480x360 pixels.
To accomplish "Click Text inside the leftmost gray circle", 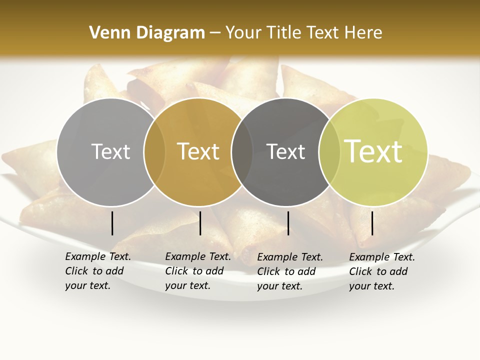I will point(110,151).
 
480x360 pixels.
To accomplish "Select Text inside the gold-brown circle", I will point(198,151).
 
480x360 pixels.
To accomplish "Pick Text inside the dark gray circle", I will point(286,151).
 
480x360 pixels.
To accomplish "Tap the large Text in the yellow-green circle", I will point(373,151).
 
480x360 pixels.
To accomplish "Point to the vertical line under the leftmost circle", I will point(112,223).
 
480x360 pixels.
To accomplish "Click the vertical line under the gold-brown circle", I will point(200,223).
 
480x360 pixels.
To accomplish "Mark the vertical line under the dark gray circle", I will point(288,223).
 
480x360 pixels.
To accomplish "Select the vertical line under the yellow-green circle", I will point(372,223).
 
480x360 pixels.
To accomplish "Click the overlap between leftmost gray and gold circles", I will point(154,152).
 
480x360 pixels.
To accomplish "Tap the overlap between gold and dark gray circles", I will point(242,152).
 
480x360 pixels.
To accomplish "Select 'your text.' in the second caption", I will point(187,285).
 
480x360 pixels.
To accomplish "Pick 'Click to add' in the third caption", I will point(286,271).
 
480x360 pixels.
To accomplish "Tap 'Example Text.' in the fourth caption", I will point(381,257).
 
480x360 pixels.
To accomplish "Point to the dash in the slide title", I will point(215,33).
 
